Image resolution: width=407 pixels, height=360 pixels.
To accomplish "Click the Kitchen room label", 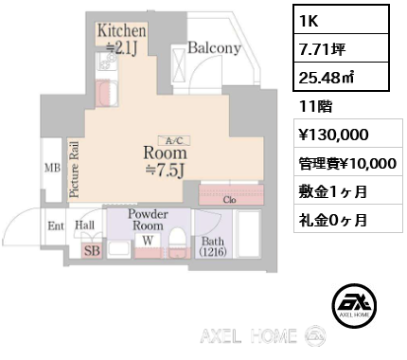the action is pos(122,31).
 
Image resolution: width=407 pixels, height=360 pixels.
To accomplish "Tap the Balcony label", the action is pos(215,48).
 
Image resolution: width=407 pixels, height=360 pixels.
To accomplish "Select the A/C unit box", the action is pos(174,140).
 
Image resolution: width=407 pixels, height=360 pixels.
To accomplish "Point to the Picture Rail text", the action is pos(75,170).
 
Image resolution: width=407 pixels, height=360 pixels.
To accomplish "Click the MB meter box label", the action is pos(52,168).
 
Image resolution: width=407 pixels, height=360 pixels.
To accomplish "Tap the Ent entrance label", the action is pos(56,226).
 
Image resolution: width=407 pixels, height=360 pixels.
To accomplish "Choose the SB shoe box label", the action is pos(92,251).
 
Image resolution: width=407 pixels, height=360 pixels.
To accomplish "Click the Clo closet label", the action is pos(229,200).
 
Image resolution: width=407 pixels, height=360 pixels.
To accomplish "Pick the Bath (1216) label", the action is pos(213,246).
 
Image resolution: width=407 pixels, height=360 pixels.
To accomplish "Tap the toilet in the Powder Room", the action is pos(179,243).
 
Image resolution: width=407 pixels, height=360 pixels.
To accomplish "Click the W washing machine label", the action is pos(148,241).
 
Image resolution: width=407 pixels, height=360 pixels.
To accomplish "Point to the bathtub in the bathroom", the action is pos(248,234).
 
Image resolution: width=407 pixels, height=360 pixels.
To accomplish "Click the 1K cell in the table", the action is pos(341,20).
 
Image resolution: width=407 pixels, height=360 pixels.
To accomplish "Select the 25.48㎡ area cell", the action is pos(341,77).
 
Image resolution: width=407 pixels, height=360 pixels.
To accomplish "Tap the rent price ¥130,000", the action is pos(348,135).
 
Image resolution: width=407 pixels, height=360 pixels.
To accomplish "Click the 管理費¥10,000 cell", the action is pos(348,163).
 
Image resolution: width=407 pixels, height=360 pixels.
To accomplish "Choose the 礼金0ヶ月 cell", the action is pos(348,220).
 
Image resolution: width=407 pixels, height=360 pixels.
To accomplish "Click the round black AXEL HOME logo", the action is pos(354,305).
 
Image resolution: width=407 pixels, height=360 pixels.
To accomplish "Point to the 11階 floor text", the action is pos(316,106).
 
